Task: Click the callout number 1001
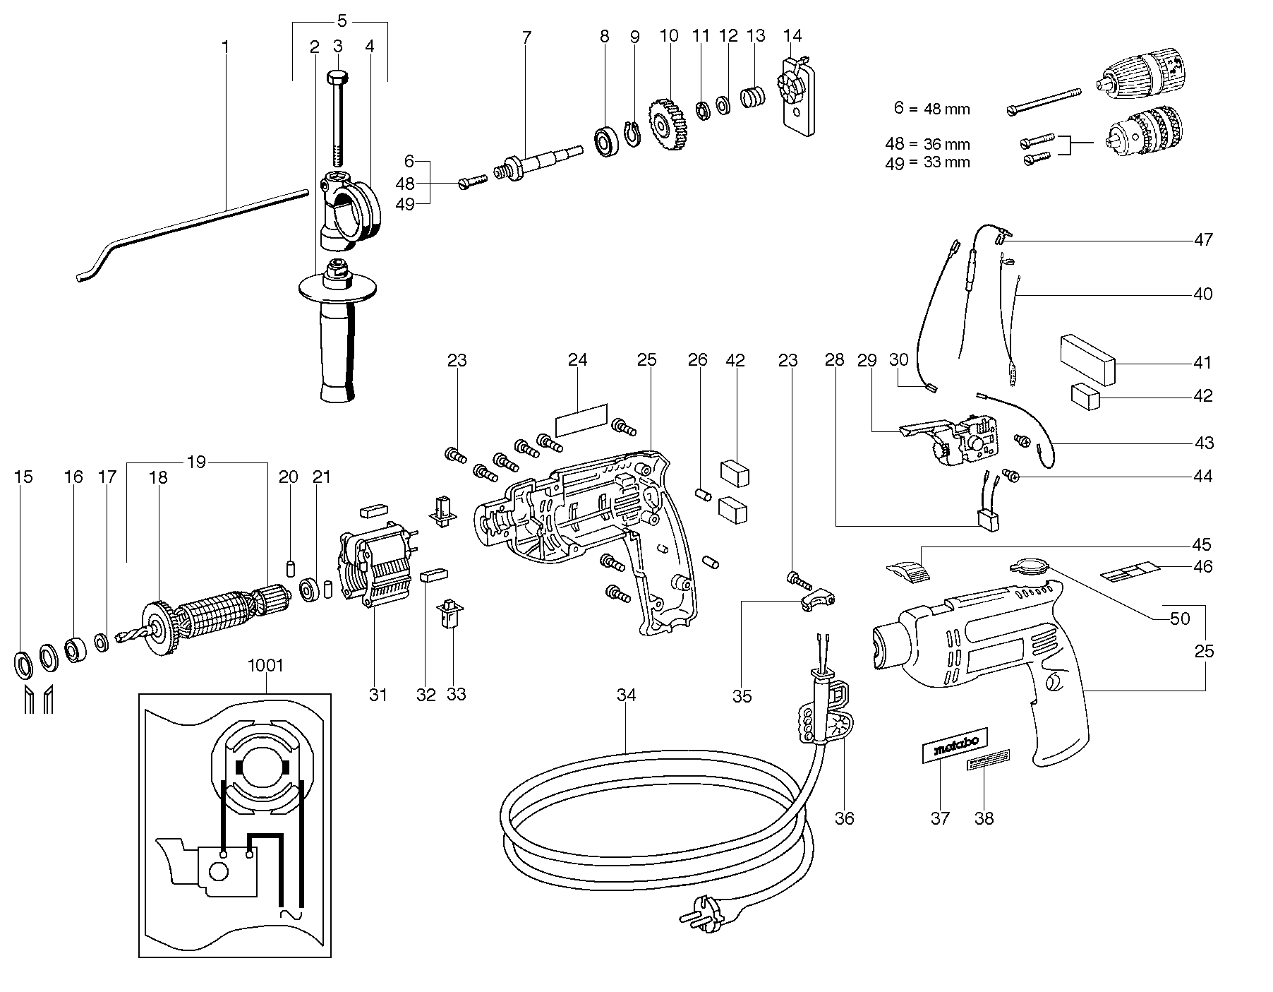coord(266,666)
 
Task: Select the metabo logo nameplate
coord(956,745)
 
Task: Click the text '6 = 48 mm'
coord(931,109)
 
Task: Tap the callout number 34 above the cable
coord(626,695)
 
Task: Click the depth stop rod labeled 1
coord(198,218)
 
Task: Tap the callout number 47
coord(1203,239)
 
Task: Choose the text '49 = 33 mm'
coord(927,162)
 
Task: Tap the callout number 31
coord(378,695)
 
